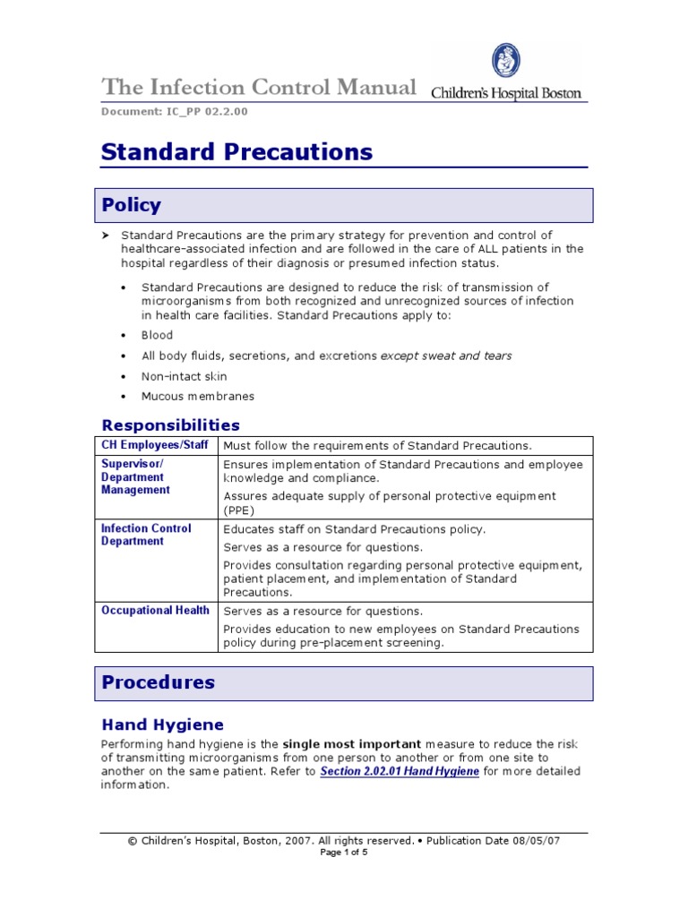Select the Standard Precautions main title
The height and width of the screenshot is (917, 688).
point(236,152)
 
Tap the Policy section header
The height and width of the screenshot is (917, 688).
point(131,205)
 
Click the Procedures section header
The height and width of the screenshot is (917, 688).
point(158,682)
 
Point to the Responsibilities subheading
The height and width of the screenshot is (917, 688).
point(170,424)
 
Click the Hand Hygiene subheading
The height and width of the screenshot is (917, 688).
point(162,724)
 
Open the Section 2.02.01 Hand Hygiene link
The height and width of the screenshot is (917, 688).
point(399,771)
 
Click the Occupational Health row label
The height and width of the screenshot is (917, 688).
point(155,611)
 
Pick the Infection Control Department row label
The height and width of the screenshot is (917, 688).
point(146,535)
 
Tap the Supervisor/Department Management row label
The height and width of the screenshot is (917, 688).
point(135,477)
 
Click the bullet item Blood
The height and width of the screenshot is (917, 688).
point(157,335)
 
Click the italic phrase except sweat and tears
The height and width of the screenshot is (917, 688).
point(446,356)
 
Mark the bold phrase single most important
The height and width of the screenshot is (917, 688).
point(352,744)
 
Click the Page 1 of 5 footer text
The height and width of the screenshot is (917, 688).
point(344,853)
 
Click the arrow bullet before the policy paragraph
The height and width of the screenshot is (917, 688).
point(104,235)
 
